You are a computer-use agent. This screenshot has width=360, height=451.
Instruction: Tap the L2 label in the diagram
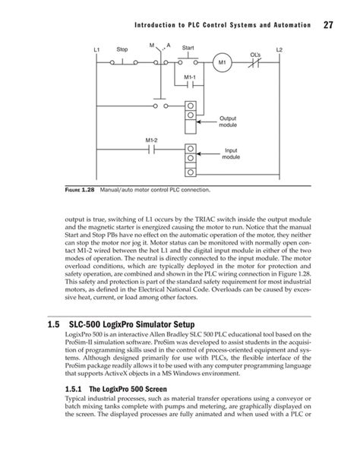coord(279,50)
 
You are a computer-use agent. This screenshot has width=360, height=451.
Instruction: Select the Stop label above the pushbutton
coord(122,50)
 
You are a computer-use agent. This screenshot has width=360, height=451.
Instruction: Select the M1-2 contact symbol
coord(152,149)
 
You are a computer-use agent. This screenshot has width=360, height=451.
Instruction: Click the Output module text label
coord(229,122)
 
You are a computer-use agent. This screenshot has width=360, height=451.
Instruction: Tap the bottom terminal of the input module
coord(192,164)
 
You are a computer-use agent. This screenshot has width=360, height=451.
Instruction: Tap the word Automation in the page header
coord(285,27)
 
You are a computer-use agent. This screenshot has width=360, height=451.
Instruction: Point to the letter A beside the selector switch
coord(168,46)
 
